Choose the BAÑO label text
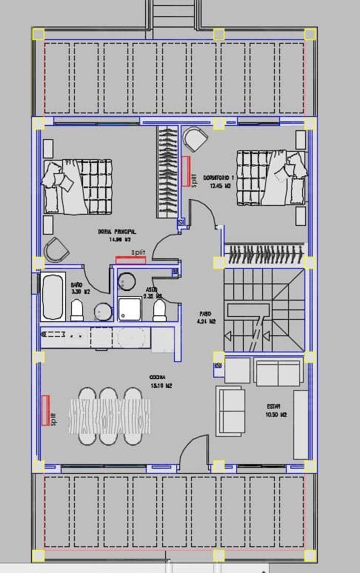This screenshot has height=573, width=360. pos(76,284)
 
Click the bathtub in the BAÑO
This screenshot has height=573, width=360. pos(53,296)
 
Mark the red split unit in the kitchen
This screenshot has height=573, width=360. pos(45,409)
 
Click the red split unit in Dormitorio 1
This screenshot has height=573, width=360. pos(185,170)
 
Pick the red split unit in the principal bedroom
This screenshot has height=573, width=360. pos(130,259)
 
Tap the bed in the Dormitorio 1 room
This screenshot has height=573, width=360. pos(270,176)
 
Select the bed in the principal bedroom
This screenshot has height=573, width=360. pos(78,185)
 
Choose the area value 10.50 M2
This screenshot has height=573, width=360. pos(276,415)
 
